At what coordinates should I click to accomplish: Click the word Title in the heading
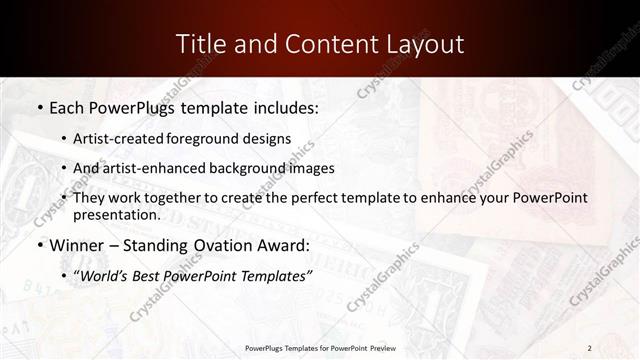click(x=199, y=44)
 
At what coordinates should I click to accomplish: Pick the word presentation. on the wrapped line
click(x=116, y=214)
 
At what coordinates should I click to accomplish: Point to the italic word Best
click(x=146, y=275)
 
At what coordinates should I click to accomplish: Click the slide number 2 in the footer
click(x=589, y=347)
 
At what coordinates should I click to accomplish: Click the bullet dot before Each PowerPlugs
click(x=39, y=106)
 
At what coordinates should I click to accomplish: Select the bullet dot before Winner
click(x=39, y=245)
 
